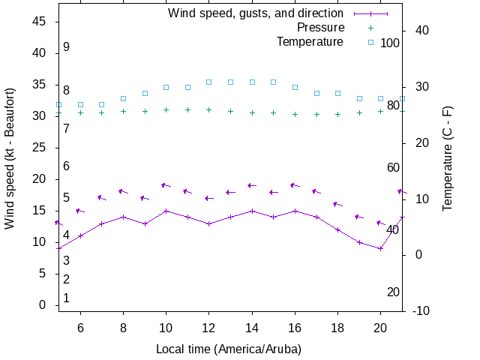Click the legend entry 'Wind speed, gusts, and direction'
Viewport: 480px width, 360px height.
point(255,13)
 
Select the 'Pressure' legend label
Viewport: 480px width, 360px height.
point(310,28)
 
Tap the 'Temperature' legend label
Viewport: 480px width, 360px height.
point(310,42)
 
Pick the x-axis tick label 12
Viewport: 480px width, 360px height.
point(209,328)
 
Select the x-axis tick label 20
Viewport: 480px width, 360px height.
point(381,328)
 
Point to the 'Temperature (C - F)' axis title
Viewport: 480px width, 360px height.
point(448,157)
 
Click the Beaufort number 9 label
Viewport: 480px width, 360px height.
point(66,46)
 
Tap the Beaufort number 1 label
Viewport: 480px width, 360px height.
point(66,298)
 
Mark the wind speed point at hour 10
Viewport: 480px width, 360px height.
point(166,211)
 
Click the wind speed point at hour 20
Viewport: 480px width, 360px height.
point(381,248)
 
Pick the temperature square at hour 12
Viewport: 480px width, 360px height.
point(209,82)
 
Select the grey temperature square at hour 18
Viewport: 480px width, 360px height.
point(338,93)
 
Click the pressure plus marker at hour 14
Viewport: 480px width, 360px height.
point(252,112)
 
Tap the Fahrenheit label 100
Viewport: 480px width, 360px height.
point(390,43)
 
